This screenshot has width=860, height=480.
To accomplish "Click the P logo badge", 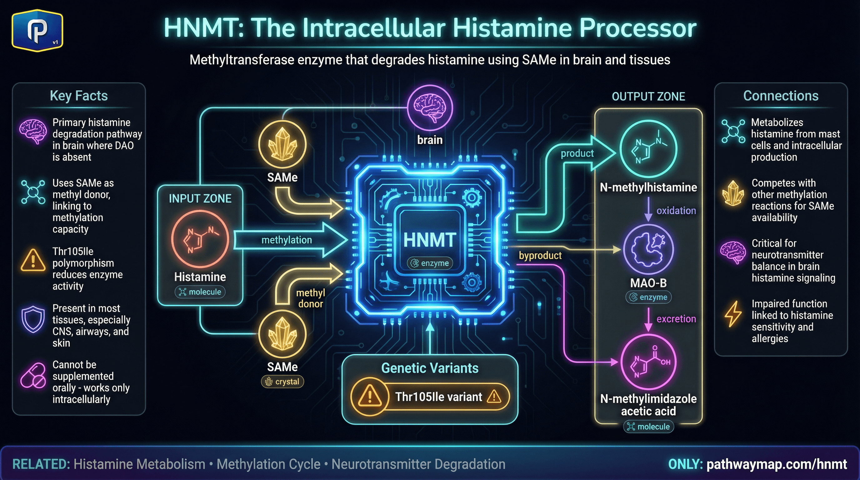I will [x=37, y=30].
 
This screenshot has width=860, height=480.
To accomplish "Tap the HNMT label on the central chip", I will [x=430, y=240].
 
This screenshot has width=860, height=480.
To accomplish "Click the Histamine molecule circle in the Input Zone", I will [x=200, y=239].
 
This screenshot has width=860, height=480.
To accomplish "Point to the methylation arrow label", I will [x=287, y=240].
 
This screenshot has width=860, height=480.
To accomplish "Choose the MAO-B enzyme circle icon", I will [x=648, y=249].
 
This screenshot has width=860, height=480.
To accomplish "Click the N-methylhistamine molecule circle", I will [x=648, y=148].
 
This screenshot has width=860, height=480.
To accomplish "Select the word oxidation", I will [x=676, y=211].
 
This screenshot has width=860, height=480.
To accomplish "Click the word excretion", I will [x=676, y=319].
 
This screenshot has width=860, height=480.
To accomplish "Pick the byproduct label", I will [x=540, y=255].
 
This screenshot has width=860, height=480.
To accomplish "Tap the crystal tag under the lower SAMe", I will [x=282, y=382].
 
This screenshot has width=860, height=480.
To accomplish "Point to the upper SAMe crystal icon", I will [x=282, y=145].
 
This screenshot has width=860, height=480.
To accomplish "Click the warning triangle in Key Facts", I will [x=33, y=260].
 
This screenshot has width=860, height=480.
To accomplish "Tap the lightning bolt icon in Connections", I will [x=733, y=314].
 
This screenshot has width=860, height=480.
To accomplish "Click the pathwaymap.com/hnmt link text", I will [x=777, y=464].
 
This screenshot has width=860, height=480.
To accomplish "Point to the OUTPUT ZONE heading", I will [x=648, y=97].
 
